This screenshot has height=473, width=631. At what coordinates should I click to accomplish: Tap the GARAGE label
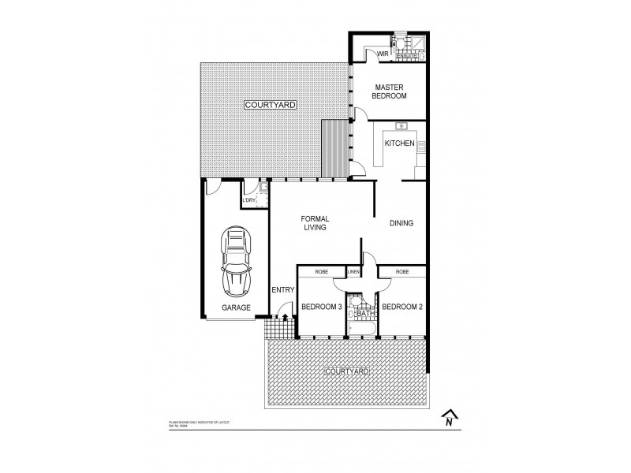(236, 307)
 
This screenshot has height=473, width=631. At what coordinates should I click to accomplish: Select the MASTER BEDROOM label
(390, 91)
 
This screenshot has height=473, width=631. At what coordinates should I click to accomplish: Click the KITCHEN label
(399, 143)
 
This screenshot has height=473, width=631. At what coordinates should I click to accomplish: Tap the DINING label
(401, 223)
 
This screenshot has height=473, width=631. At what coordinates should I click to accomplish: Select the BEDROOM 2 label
(403, 307)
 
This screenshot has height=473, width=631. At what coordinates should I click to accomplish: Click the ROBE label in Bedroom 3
(321, 272)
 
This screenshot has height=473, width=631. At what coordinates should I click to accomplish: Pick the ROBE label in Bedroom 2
(402, 272)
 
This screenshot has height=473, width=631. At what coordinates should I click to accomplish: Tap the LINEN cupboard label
(354, 272)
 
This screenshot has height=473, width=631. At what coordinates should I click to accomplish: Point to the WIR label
(383, 54)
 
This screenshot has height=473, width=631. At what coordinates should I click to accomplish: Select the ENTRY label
(282, 290)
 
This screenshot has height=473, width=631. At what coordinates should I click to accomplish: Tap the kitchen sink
(401, 125)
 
